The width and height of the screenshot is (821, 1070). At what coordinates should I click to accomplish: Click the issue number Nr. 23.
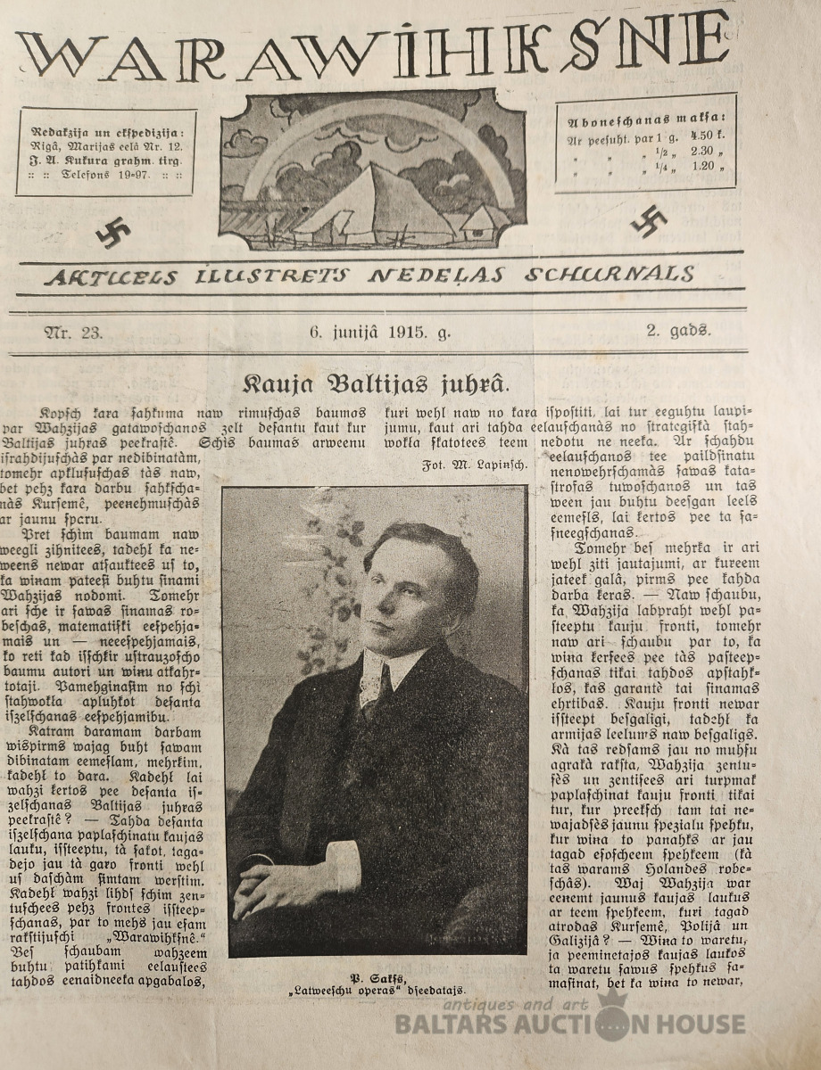coord(74,333)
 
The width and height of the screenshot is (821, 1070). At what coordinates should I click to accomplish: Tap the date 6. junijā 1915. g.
coord(380,333)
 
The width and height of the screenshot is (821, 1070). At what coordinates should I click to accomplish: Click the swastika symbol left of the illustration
coord(113,232)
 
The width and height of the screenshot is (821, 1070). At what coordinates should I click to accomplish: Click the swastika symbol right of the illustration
coord(649,221)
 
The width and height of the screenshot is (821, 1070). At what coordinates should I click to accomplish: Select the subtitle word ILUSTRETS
coord(271,276)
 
